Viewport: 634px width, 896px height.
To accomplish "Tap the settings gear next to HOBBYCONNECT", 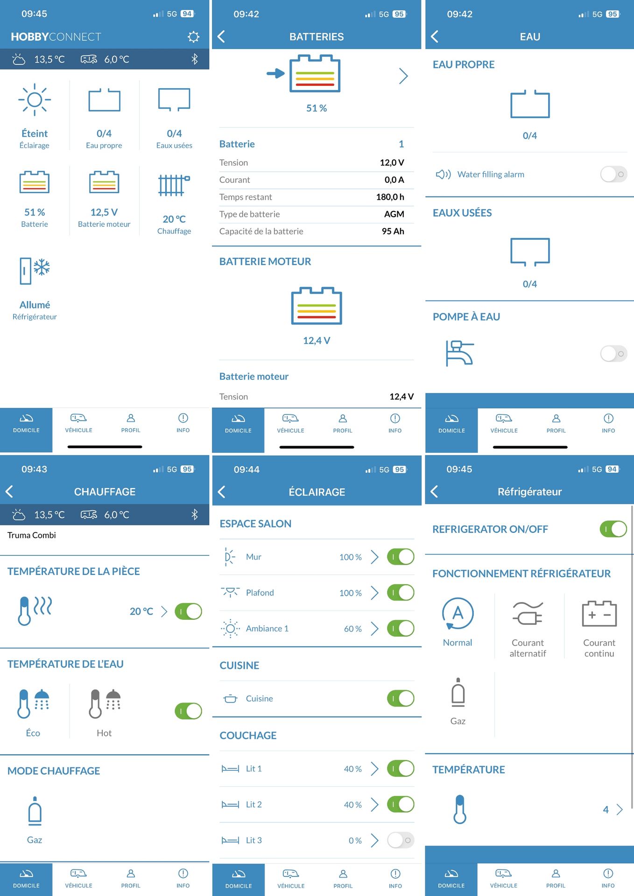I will coord(193,37).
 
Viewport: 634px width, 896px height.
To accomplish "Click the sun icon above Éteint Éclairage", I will coord(35,99).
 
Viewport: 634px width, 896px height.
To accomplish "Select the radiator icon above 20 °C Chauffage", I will coord(174,185).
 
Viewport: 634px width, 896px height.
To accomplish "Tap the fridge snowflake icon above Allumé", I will coord(35,271).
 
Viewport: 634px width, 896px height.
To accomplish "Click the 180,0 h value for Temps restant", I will coord(390,197).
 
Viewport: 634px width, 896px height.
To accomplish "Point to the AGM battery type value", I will coord(394,214).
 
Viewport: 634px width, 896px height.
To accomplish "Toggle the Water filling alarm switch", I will coord(613,175).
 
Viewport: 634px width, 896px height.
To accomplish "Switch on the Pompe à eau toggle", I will coord(613,354).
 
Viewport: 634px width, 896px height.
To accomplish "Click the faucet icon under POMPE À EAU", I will coord(459,353).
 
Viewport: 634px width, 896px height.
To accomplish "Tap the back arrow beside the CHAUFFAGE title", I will coord(9,491).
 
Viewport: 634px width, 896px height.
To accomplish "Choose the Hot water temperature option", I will coord(104,704).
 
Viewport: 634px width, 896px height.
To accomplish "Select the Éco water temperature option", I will coord(33,704).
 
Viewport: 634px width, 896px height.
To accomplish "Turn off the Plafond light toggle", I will coord(400,593).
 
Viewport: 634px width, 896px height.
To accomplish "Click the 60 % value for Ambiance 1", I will coord(352,629).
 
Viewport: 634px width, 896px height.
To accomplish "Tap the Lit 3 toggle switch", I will coord(400,840).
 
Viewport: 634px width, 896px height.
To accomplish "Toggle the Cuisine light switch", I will coord(400,699).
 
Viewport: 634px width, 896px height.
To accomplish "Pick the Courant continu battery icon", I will coord(599,614).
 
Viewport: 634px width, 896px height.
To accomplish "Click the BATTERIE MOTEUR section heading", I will coord(265,262).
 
